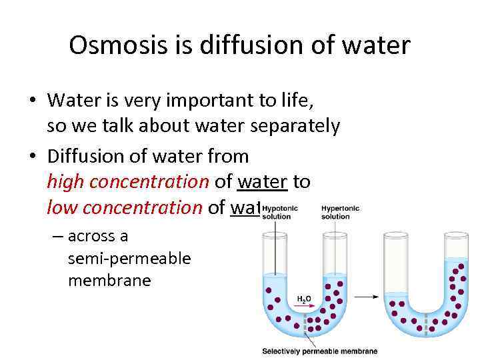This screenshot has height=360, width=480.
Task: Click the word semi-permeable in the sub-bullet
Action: [x=129, y=258]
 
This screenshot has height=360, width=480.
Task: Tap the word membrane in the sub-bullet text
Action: [x=109, y=280]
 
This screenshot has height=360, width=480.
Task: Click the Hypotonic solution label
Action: [x=280, y=213]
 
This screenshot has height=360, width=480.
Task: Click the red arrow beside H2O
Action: [x=303, y=307]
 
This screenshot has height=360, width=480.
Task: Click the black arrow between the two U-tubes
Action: [x=367, y=296]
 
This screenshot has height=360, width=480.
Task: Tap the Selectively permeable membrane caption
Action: [x=319, y=351]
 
